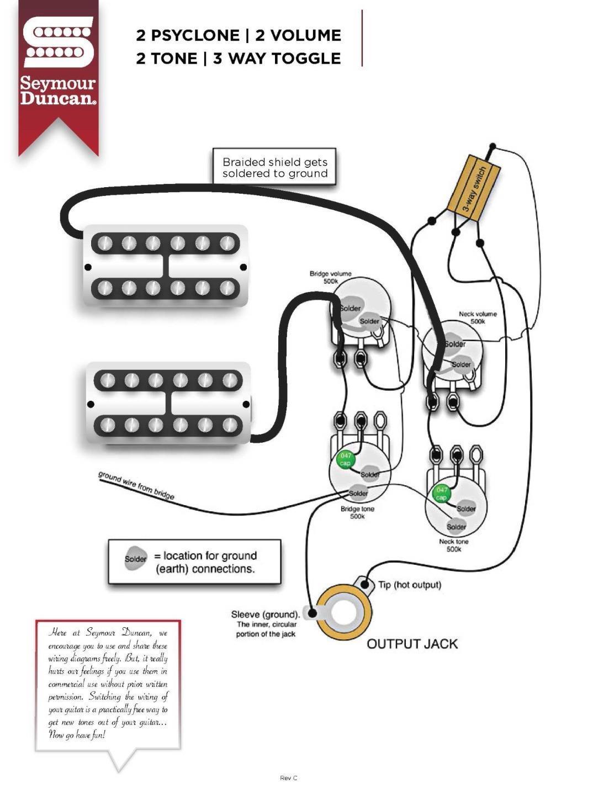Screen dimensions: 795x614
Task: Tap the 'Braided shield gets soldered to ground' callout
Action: [275, 168]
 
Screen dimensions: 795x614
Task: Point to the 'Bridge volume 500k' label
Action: [330, 277]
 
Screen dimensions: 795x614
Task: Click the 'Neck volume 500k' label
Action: [478, 317]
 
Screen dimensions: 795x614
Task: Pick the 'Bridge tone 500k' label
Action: [357, 512]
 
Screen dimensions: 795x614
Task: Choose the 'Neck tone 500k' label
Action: [454, 545]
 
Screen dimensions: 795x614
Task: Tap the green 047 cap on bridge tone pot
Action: [345, 459]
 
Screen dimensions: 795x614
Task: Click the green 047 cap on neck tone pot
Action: [442, 493]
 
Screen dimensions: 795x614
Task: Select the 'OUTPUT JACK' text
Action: [412, 644]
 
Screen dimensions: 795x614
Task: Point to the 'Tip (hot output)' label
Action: [410, 585]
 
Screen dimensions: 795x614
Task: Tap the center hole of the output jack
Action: [345, 613]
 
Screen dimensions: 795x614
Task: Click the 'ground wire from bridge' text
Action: [136, 485]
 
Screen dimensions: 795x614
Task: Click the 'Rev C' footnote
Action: [288, 778]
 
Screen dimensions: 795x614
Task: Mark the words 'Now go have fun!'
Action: [77, 735]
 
